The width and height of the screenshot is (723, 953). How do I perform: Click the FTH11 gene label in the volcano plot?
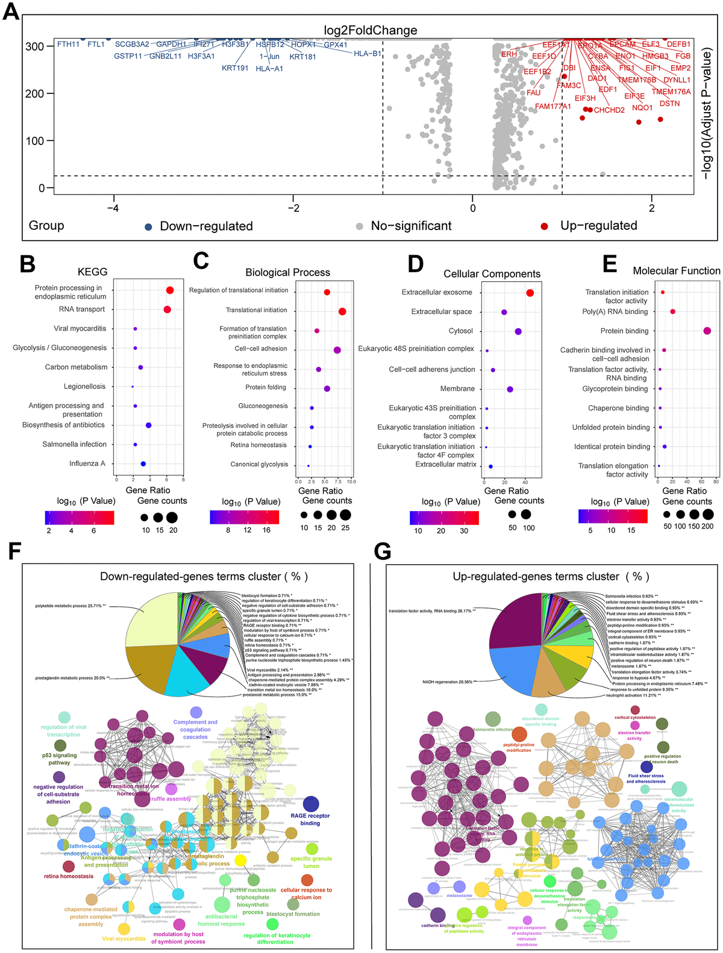[68, 45]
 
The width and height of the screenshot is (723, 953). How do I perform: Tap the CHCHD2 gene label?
[609, 110]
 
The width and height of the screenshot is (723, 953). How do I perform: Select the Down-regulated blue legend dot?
[148, 226]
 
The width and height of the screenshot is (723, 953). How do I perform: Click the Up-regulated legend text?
[598, 226]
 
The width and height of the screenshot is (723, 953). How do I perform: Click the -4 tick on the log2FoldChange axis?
[113, 208]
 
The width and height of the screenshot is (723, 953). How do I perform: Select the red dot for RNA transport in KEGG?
[167, 309]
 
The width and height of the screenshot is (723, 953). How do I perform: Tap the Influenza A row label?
[87, 464]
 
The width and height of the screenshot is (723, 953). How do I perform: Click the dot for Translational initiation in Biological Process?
[342, 311]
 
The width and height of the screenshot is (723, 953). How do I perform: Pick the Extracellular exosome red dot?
[530, 293]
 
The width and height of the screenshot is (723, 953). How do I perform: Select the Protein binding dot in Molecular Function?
[707, 331]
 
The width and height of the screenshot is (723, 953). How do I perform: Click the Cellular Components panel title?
[492, 274]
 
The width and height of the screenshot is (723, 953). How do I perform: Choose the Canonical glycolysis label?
[259, 464]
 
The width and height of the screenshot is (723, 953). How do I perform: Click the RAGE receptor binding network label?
[310, 819]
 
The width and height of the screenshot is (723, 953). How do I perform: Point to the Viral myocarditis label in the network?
[124, 939]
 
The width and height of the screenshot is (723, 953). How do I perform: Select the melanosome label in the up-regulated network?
[459, 895]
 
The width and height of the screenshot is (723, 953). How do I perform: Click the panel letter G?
[382, 551]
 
